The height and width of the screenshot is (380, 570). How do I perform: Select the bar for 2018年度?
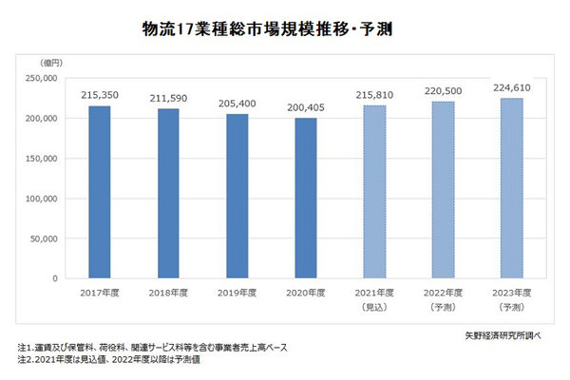[167, 194]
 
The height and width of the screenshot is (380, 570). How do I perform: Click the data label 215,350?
[99, 96]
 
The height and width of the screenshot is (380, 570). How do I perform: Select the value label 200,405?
[305, 108]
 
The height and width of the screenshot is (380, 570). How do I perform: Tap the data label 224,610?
[511, 88]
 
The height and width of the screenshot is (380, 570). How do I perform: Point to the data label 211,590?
[168, 99]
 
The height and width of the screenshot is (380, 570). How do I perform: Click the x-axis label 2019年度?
[237, 293]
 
